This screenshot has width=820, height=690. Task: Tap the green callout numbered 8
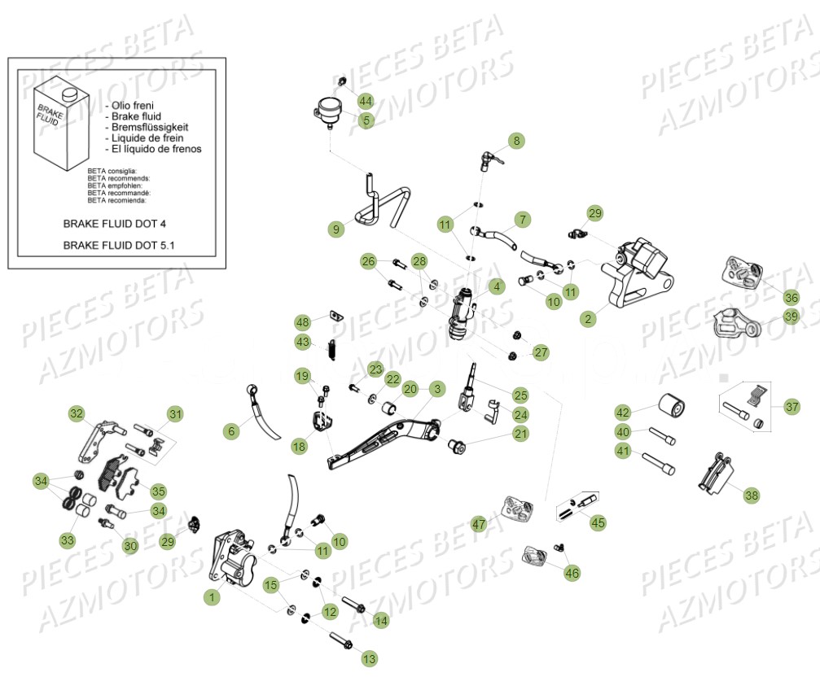[x=516, y=141]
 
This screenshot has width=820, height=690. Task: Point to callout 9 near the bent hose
[x=336, y=229]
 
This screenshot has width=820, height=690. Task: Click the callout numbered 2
[x=588, y=319]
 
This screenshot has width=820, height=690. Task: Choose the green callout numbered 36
[x=791, y=297]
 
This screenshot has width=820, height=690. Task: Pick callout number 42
[x=623, y=412]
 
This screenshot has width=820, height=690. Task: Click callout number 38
[x=751, y=494]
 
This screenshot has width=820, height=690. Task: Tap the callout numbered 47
[x=479, y=525]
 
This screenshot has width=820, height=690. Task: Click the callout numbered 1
[x=213, y=597]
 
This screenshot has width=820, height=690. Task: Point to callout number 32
[x=77, y=414]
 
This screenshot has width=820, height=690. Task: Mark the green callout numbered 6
[x=232, y=431]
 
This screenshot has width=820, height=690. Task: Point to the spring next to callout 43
[x=332, y=347]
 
